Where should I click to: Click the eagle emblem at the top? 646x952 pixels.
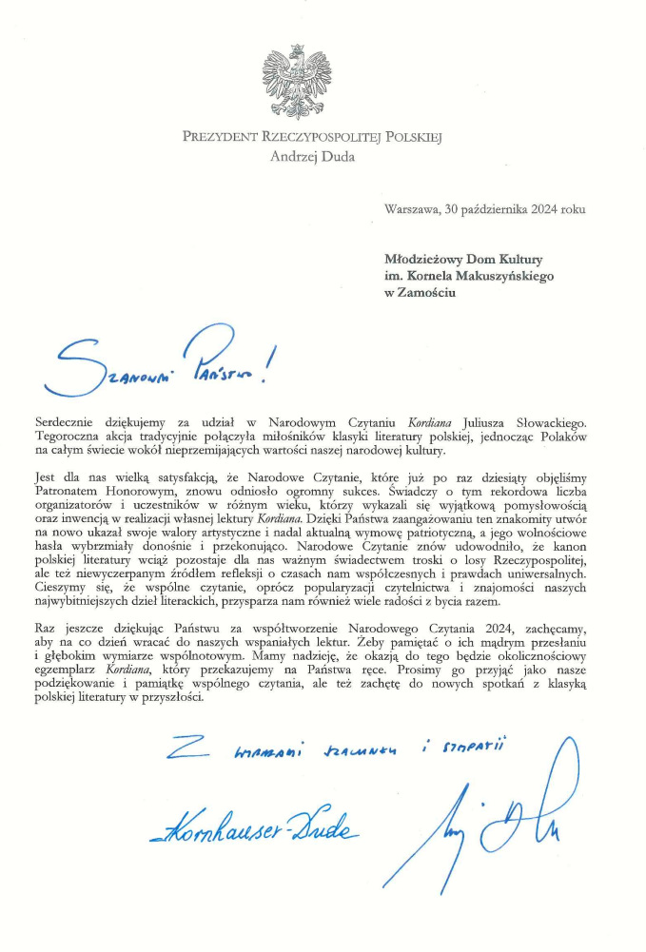tap(303, 82)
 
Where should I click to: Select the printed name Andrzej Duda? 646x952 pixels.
tap(313, 157)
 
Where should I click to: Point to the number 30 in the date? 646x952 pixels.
tap(459, 208)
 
